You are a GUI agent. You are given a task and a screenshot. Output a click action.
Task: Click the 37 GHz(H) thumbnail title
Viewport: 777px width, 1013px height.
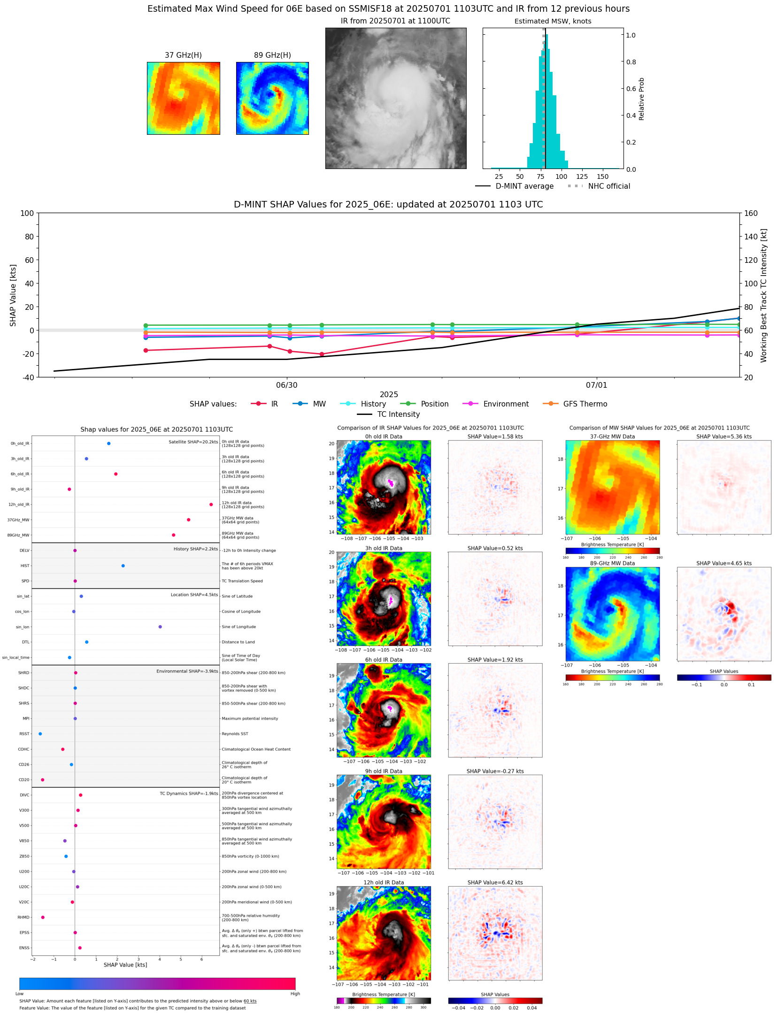[x=183, y=55]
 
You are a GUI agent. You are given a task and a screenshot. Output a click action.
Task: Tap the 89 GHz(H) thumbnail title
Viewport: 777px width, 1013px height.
[x=272, y=55]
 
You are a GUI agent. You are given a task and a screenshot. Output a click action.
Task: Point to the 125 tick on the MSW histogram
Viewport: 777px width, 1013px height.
[x=582, y=177]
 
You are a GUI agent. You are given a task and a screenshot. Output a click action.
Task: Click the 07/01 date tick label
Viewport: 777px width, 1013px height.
[x=596, y=385]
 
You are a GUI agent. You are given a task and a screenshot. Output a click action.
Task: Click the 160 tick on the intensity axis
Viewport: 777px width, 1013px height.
[x=751, y=213]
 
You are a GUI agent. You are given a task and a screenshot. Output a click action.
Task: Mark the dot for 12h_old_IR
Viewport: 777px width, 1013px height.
[x=211, y=505]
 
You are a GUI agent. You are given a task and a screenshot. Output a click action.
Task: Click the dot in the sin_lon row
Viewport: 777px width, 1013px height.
[x=160, y=627]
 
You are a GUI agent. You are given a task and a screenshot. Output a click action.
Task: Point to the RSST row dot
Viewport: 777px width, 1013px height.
[x=40, y=734]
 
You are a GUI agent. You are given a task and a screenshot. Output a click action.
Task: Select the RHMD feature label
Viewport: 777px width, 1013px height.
[x=23, y=917]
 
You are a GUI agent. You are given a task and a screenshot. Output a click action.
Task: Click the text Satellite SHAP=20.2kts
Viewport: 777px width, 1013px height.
[x=193, y=442]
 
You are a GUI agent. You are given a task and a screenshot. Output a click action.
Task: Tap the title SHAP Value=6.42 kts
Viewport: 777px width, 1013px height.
[x=495, y=883]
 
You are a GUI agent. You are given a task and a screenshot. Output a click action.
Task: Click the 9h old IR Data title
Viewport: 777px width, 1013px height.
[x=384, y=771]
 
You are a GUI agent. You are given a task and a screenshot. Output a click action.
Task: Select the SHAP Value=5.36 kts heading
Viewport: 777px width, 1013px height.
[x=723, y=437]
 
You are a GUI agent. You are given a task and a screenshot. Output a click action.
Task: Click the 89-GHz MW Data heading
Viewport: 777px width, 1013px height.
[x=612, y=563]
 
